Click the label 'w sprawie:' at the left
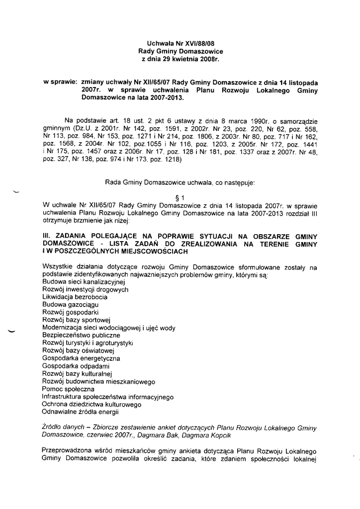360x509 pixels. pos(61,81)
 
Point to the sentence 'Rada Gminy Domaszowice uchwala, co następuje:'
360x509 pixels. pos(180,183)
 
